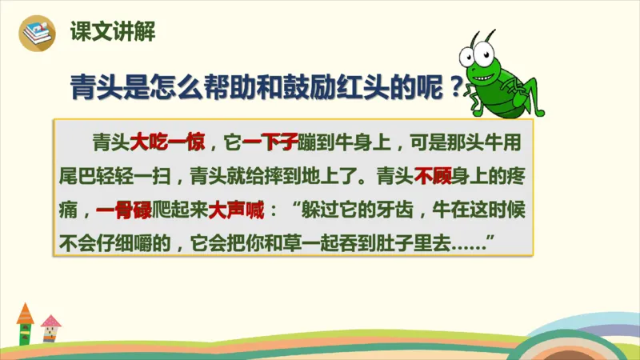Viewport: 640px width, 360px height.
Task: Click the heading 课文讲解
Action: coord(112,32)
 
